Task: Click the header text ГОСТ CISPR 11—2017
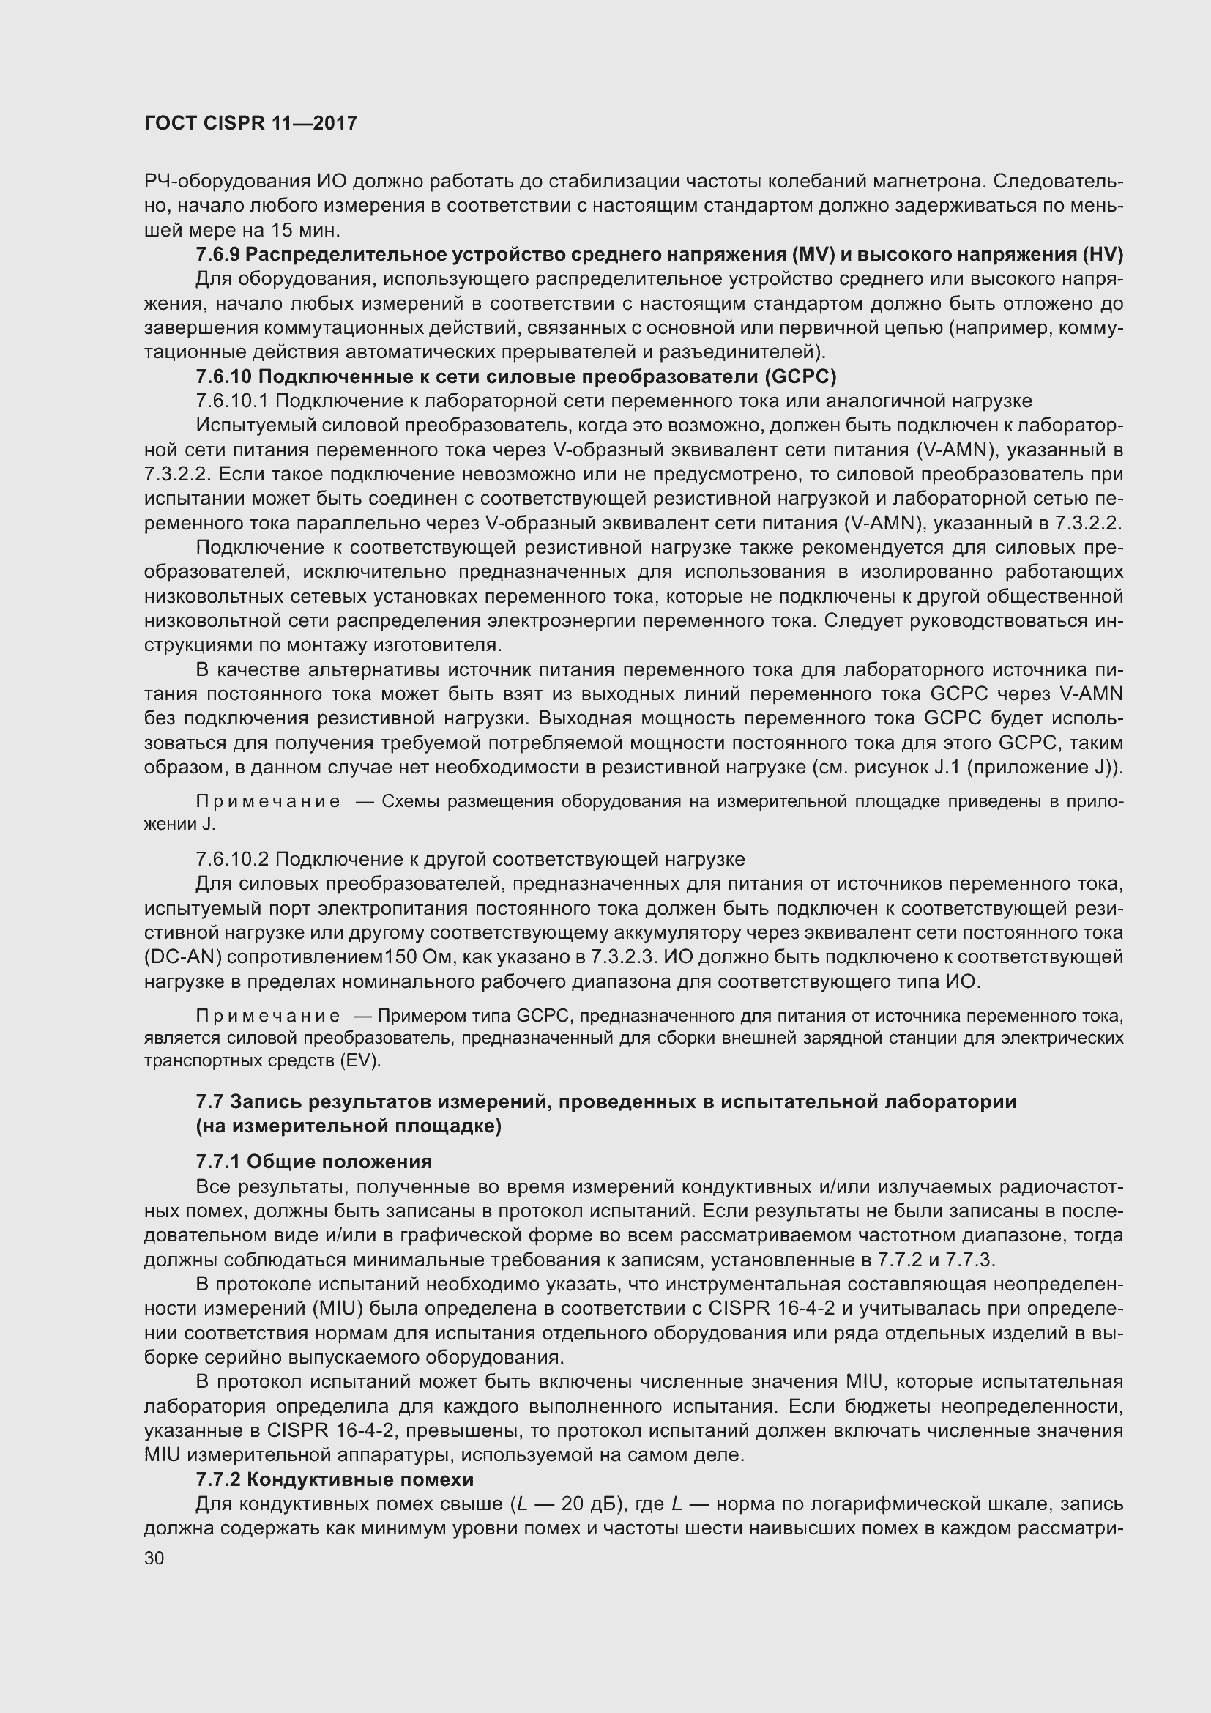[250, 124]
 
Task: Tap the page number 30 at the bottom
[154, 1558]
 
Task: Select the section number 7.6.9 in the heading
[217, 255]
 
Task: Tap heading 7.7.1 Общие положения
[314, 1162]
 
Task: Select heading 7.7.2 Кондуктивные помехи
[335, 1479]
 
